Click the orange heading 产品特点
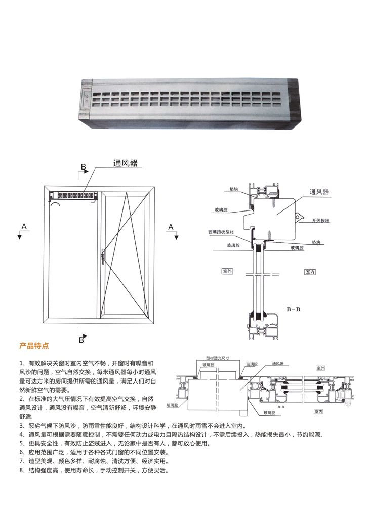point(34,346)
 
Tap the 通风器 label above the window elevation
point(125,163)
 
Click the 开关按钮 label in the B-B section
point(321,221)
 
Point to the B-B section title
point(294,308)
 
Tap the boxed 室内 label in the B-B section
point(310,272)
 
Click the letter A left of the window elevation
point(23,226)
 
